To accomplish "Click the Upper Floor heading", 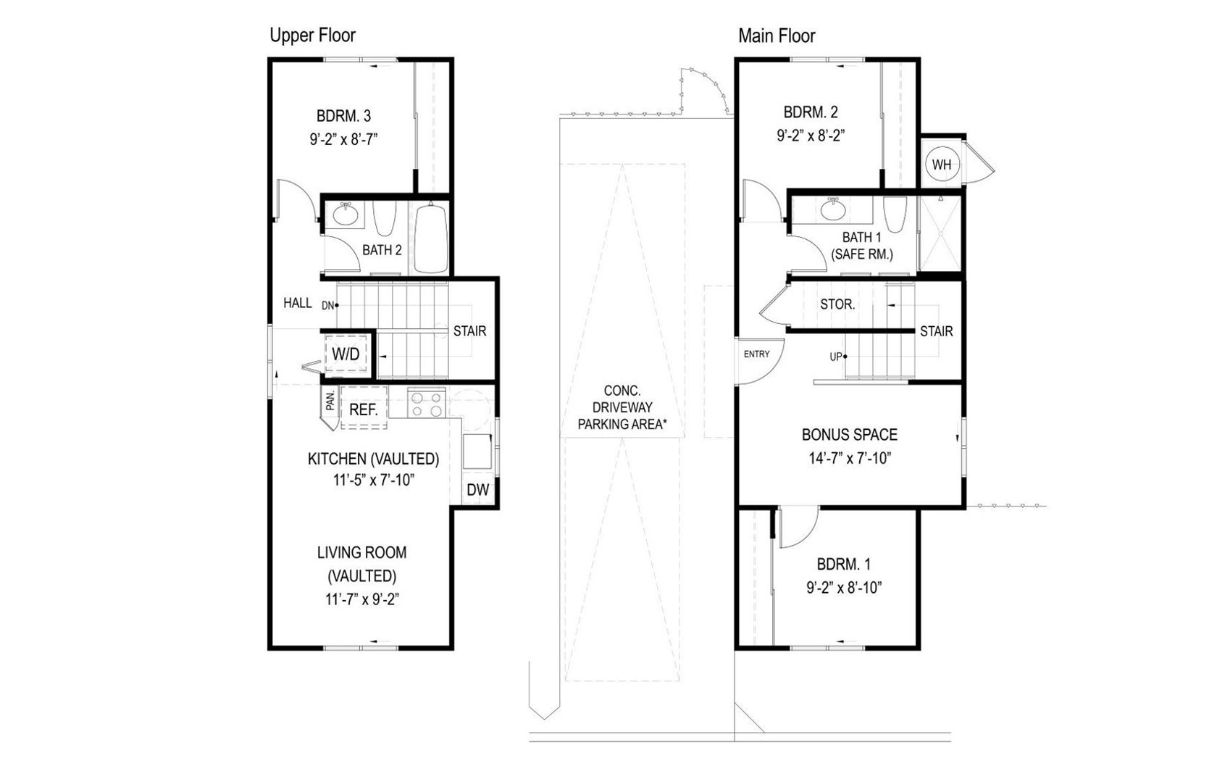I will point(312,36).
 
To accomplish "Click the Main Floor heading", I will point(777,36).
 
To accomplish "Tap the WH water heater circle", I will point(942,165).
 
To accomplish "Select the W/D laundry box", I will point(346,354).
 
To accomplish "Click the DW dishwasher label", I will point(477,490).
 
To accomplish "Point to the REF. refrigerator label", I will point(364,409).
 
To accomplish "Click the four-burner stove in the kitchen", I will point(426,404).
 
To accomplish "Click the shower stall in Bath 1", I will point(940,233).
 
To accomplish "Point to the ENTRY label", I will point(756,354).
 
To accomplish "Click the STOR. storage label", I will point(837,305).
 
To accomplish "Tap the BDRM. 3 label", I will point(344,116).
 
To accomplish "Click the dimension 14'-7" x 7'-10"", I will point(850,458).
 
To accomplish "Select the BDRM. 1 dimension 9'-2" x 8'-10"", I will point(844,588).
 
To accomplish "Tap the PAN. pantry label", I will point(330,401).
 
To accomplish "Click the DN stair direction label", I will point(328,306).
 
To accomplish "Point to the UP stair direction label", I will point(837,357).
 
